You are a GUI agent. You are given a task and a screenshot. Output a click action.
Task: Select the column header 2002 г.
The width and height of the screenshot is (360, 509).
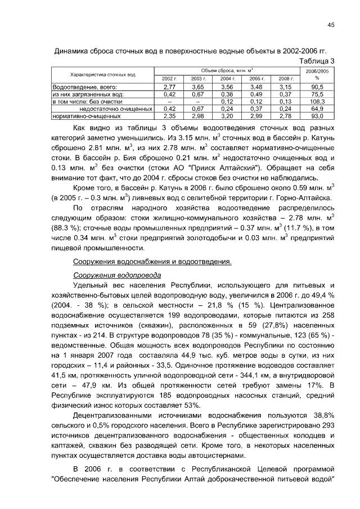[x=169, y=79]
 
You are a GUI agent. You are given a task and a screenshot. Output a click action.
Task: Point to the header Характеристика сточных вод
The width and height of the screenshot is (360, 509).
[x=102, y=75]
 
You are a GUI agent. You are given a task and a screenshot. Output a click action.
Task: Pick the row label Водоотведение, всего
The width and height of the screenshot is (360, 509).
[x=84, y=87]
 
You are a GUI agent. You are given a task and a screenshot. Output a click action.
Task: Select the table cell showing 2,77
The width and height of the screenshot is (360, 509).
[x=169, y=87]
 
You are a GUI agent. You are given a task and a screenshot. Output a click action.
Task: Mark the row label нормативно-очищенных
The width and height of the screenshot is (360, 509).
[x=87, y=116]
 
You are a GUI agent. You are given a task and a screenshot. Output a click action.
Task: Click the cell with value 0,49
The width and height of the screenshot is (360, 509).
[x=256, y=94]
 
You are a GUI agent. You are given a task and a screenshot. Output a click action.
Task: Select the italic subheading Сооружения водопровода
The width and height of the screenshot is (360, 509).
[x=118, y=275]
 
